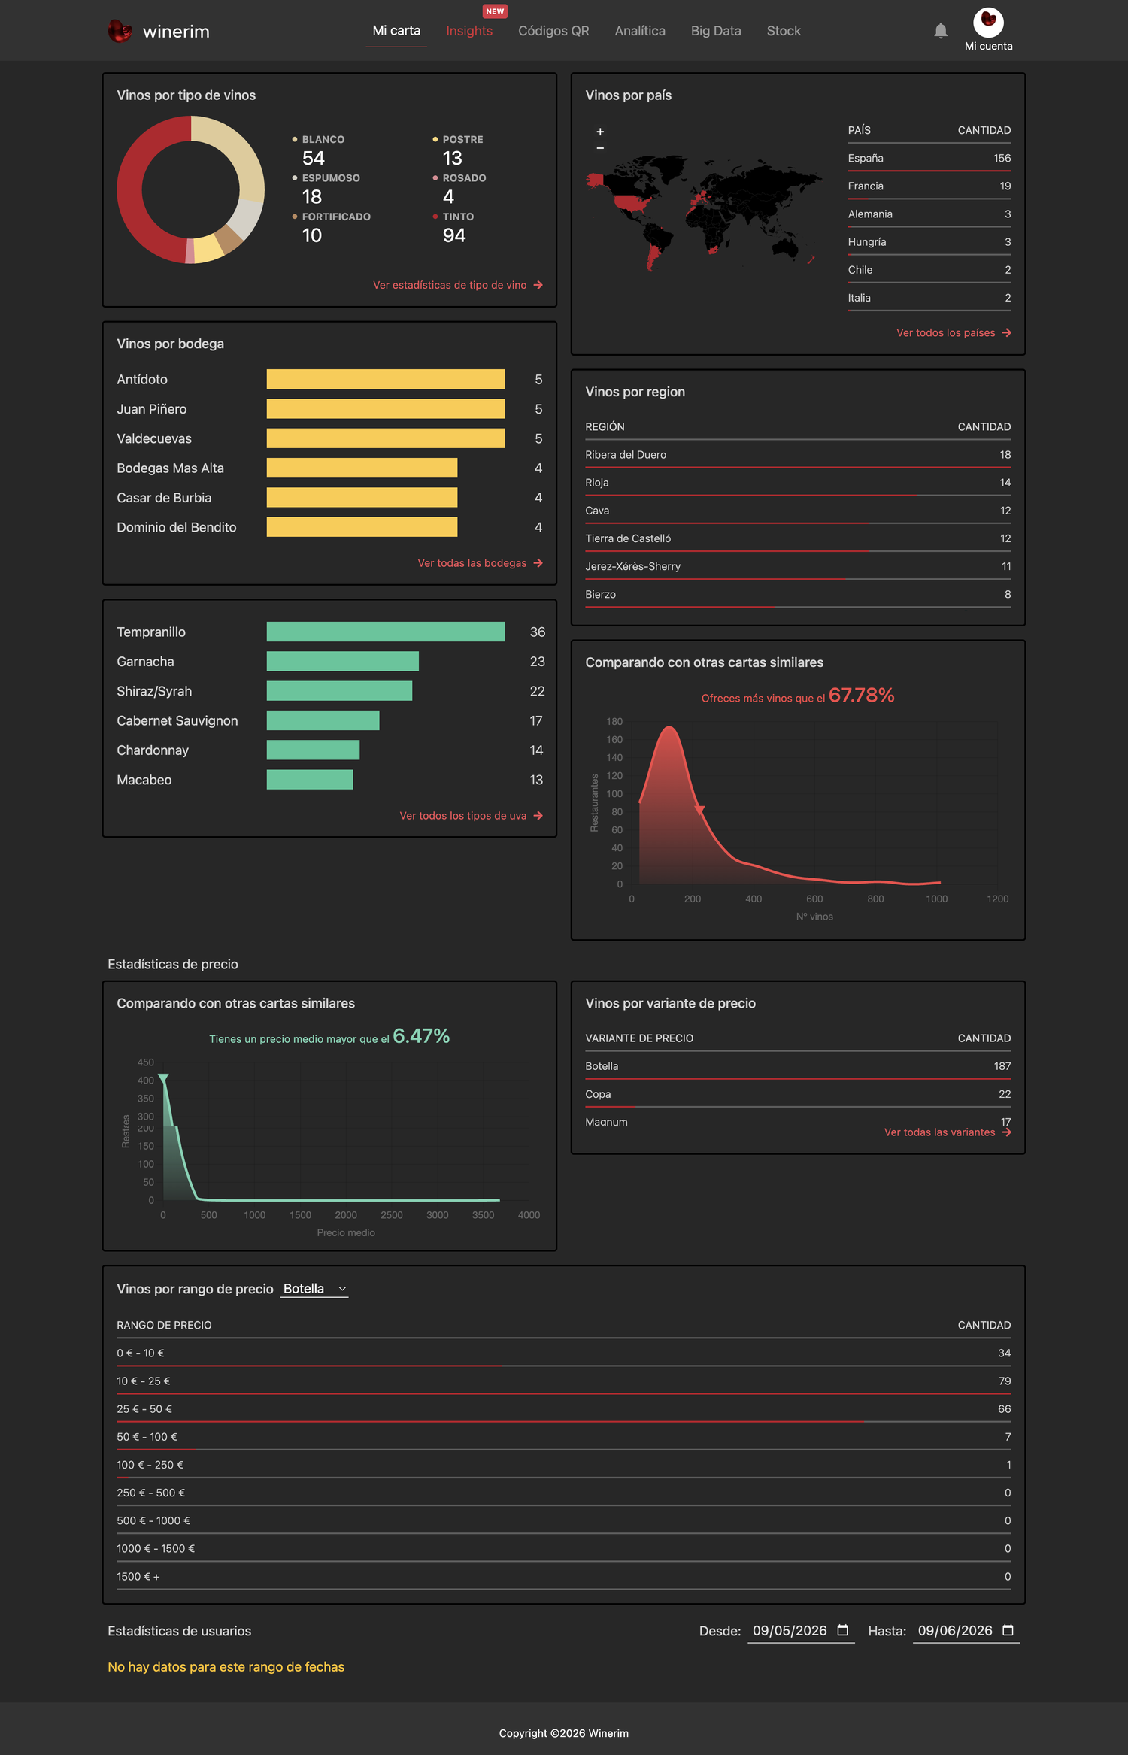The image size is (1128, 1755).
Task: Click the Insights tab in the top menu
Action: click(469, 31)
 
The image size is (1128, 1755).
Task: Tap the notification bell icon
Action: click(941, 30)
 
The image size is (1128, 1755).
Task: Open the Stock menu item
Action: click(784, 31)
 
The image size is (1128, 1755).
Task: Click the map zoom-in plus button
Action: click(600, 132)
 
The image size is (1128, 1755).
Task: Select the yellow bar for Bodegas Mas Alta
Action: click(362, 468)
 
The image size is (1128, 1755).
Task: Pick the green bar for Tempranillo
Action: click(386, 632)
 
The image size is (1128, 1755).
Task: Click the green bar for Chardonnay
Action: click(313, 750)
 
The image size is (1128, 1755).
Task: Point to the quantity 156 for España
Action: click(1002, 158)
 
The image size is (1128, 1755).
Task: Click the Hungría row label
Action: click(867, 242)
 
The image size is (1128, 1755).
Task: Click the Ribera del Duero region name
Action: click(626, 455)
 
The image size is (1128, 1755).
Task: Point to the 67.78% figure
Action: click(862, 696)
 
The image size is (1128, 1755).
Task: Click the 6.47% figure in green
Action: click(421, 1036)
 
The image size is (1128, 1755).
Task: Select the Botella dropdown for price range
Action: click(314, 1289)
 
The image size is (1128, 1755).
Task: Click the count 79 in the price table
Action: click(1005, 1381)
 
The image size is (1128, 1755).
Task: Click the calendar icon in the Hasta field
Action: click(1008, 1630)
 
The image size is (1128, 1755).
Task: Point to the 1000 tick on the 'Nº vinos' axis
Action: click(936, 899)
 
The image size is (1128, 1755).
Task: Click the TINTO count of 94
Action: click(454, 235)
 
